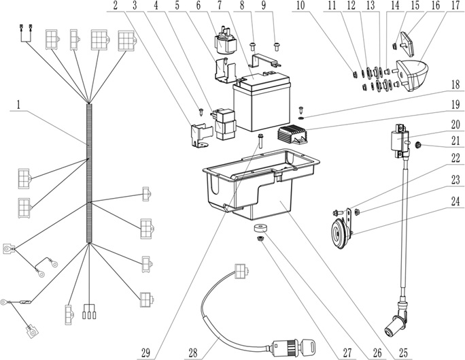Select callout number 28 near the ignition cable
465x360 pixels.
coord(194,334)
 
